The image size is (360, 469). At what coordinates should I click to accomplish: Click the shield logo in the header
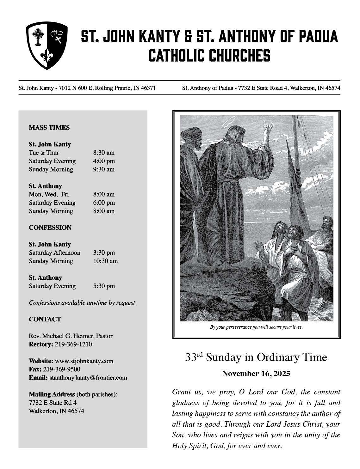(x=47, y=45)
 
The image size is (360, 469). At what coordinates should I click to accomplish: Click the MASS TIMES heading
(x=49, y=128)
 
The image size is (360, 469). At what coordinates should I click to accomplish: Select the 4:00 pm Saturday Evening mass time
(x=104, y=161)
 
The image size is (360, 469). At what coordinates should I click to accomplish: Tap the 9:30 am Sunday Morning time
(x=104, y=169)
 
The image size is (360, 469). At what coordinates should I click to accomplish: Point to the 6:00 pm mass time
(x=104, y=203)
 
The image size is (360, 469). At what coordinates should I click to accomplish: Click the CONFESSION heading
(x=50, y=228)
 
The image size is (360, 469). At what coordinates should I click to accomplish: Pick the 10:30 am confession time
(x=105, y=261)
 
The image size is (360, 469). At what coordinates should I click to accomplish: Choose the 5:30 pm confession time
(x=104, y=286)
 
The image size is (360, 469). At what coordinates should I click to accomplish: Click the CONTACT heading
(x=45, y=319)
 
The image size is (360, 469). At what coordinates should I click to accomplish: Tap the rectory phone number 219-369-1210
(x=73, y=344)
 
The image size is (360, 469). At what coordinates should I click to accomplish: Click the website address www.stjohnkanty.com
(x=84, y=361)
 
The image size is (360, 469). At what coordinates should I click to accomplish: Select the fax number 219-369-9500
(x=62, y=369)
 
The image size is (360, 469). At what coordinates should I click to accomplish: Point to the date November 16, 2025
(x=256, y=374)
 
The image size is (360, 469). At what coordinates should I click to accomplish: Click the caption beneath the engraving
(x=256, y=327)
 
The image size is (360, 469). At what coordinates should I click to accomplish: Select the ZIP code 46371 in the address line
(x=148, y=88)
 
